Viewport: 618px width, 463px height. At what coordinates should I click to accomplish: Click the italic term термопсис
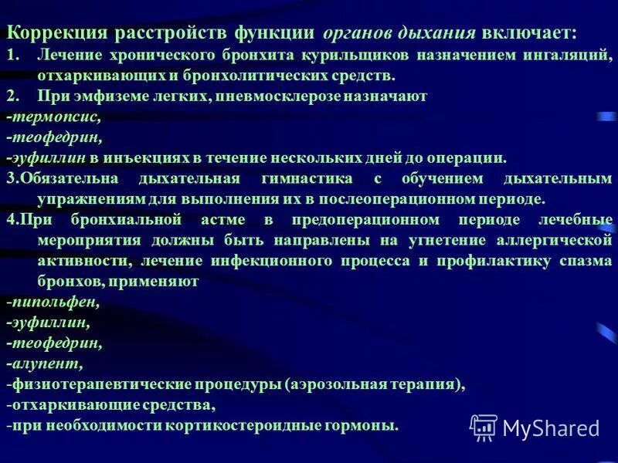click(55, 117)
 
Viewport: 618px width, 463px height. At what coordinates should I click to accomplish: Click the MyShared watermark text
click(550, 428)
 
